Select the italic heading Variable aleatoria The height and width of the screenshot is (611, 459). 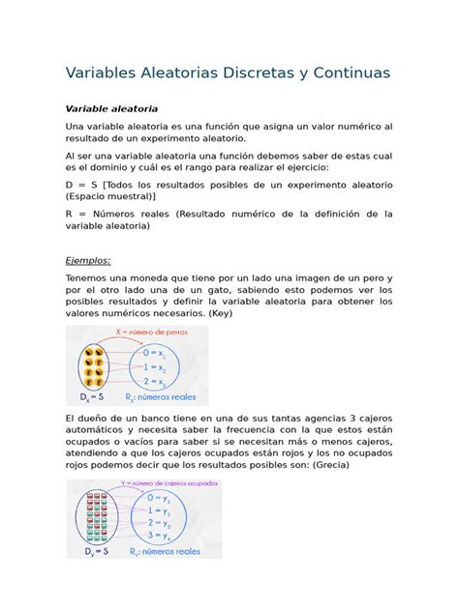pyautogui.click(x=110, y=108)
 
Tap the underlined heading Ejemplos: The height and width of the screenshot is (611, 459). pyautogui.click(x=88, y=260)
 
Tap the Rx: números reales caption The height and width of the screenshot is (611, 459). pyautogui.click(x=165, y=396)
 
